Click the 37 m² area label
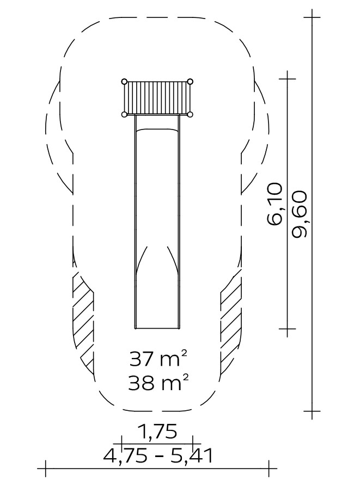point(158,359)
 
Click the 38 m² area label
point(158,383)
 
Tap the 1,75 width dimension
point(157,431)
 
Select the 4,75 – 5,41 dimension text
point(158,456)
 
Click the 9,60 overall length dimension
point(300,214)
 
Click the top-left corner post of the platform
point(124,82)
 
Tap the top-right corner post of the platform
point(190,82)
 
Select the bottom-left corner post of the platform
point(124,115)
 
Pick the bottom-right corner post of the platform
point(190,115)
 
